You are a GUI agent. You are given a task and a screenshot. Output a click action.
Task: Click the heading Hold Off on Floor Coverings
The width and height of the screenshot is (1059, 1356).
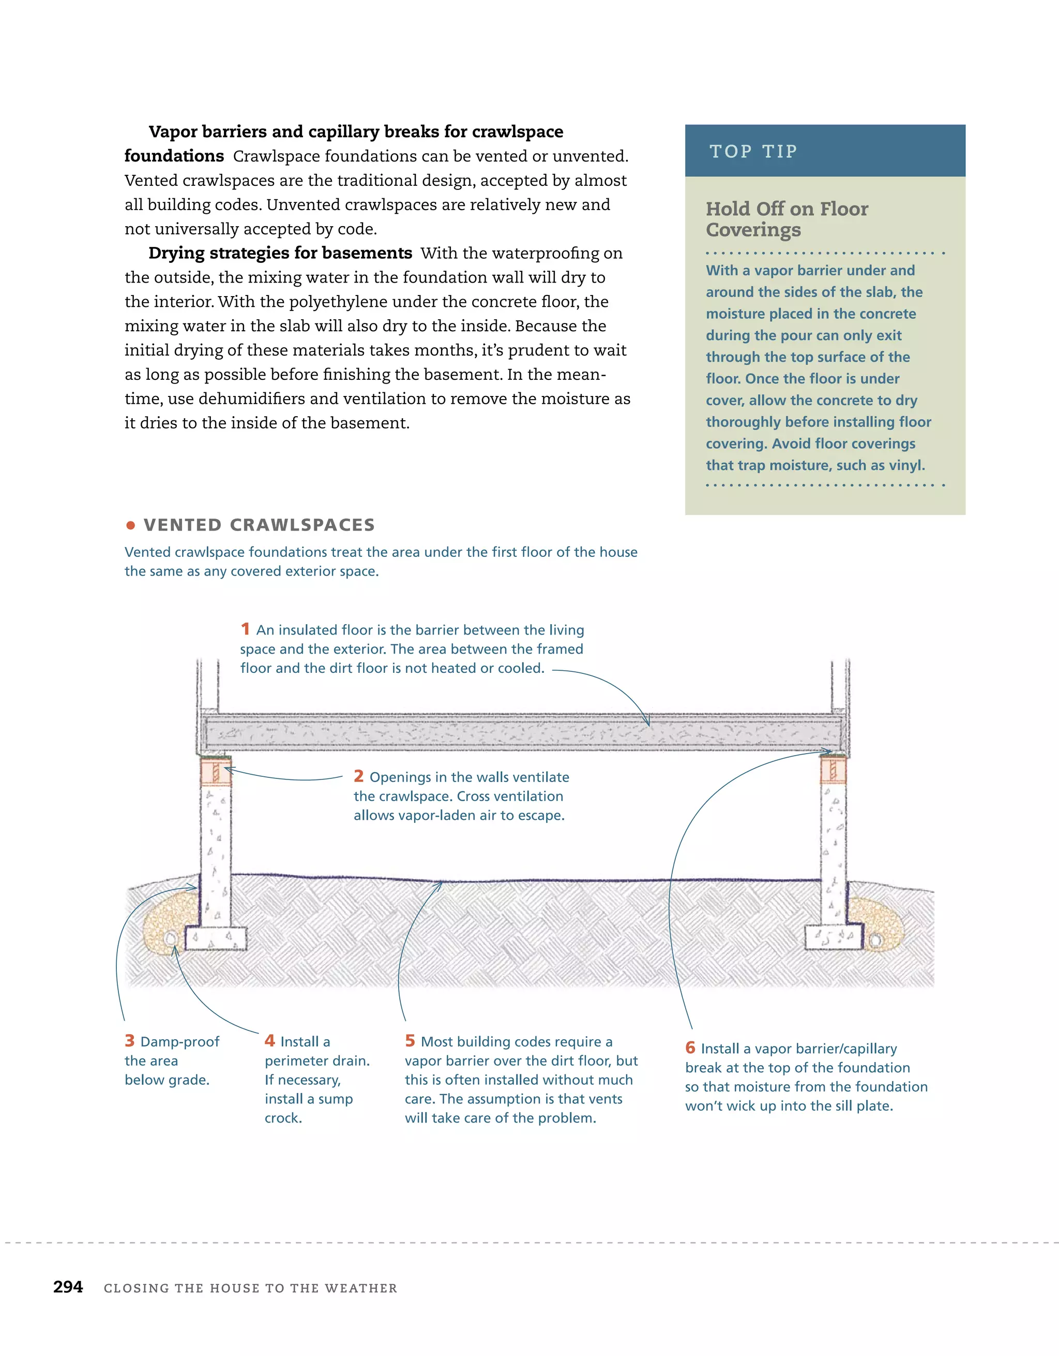pyautogui.click(x=786, y=218)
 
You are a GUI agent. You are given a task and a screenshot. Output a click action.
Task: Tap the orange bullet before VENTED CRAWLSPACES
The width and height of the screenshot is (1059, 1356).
pyautogui.click(x=130, y=525)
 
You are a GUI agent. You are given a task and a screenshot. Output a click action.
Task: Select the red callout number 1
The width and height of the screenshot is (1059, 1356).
pyautogui.click(x=245, y=629)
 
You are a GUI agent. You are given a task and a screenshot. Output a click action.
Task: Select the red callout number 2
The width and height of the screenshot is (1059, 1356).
pyautogui.click(x=358, y=776)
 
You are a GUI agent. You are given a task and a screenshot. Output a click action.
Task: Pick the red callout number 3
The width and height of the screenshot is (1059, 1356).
pyautogui.click(x=129, y=1041)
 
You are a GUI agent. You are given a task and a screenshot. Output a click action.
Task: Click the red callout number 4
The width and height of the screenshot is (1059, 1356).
pyautogui.click(x=269, y=1041)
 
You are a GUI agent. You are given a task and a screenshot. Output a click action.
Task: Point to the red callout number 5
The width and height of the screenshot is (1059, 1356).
pyautogui.click(x=410, y=1041)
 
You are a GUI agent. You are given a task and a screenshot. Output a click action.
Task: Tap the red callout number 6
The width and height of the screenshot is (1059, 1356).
pyautogui.click(x=690, y=1048)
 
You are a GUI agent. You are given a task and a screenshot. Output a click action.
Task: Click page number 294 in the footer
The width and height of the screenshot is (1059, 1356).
pyautogui.click(x=68, y=1287)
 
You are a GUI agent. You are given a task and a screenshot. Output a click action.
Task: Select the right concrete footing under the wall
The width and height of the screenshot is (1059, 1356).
pyautogui.click(x=833, y=937)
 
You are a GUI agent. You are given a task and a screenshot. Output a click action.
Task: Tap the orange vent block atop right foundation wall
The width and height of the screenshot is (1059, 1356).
pyautogui.click(x=833, y=772)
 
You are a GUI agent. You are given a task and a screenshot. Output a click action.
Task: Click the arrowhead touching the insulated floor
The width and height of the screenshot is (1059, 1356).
pyautogui.click(x=648, y=724)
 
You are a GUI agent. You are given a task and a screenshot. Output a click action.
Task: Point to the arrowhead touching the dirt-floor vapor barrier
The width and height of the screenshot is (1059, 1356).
pyautogui.click(x=441, y=883)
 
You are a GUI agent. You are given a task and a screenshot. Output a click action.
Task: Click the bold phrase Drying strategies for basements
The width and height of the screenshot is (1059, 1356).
pyautogui.click(x=280, y=253)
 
